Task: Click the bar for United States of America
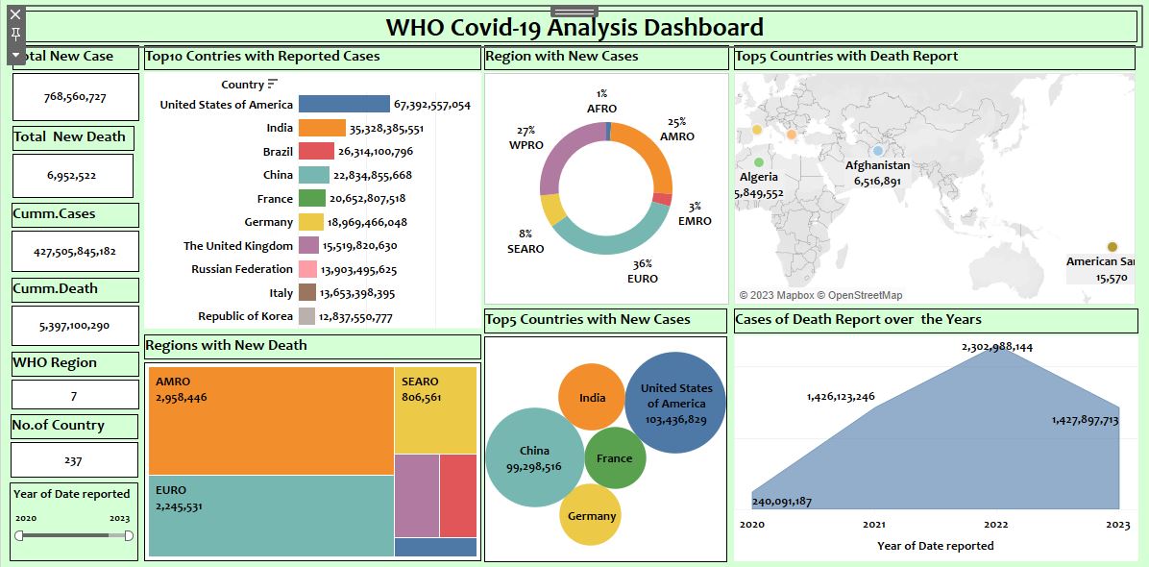point(344,104)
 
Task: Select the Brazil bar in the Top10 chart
point(316,151)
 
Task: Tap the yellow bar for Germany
point(310,222)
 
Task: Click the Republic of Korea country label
point(245,316)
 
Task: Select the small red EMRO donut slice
point(662,199)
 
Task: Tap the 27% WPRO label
point(526,137)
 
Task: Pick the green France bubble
point(615,458)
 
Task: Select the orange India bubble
point(592,398)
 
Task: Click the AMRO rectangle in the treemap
point(271,420)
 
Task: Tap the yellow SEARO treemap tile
point(435,409)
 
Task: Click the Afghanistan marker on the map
point(877,151)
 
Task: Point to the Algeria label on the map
point(759,177)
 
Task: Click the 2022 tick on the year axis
point(996,525)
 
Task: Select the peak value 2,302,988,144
point(996,347)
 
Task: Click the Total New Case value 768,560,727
point(75,97)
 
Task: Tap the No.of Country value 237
point(73,460)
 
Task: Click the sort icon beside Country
point(273,85)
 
